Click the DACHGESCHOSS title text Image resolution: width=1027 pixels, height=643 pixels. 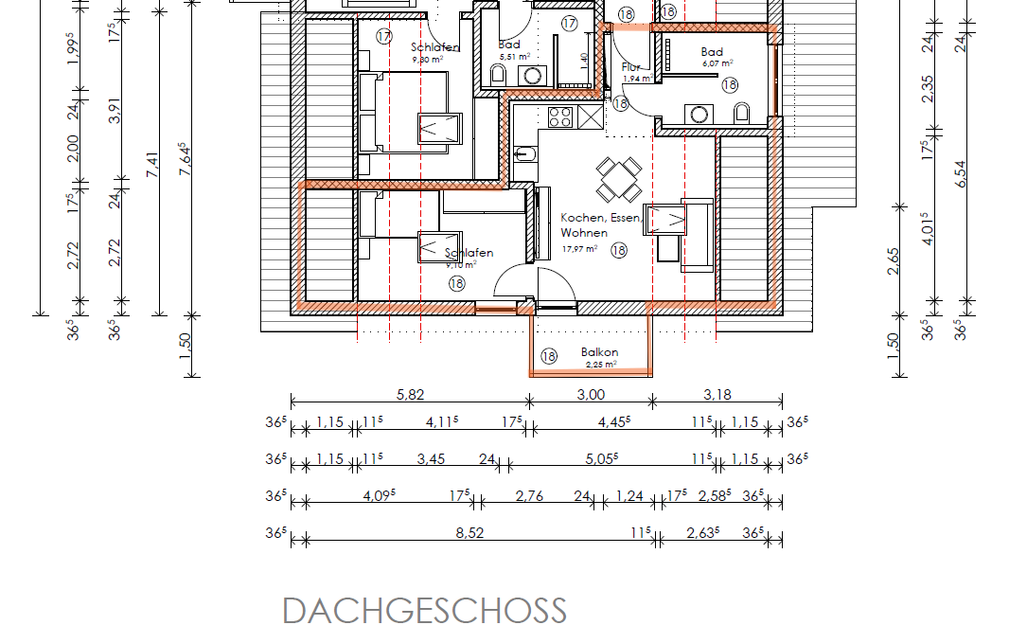coord(424,611)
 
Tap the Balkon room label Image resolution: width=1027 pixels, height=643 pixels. coord(599,352)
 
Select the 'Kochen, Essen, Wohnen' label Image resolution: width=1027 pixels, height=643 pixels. coord(600,224)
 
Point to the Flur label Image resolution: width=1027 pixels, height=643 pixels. coord(631,67)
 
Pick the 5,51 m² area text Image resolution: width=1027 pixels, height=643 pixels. coord(509,57)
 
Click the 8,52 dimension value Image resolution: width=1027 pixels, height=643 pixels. coord(469,533)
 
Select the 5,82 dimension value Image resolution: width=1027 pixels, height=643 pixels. coord(409,395)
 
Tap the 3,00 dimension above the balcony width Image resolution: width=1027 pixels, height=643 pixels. coord(591,395)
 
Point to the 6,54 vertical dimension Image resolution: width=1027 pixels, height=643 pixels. coord(962,174)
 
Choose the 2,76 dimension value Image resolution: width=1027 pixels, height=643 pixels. coord(529,496)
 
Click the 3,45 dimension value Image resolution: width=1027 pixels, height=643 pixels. coord(431,459)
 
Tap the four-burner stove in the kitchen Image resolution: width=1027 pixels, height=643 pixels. coord(559,116)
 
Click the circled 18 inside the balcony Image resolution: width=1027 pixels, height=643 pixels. coord(549,356)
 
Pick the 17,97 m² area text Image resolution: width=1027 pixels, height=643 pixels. coord(579,249)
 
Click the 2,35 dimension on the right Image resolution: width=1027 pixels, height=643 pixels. coord(929,88)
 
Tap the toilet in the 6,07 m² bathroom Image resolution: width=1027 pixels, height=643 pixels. coord(741,115)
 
